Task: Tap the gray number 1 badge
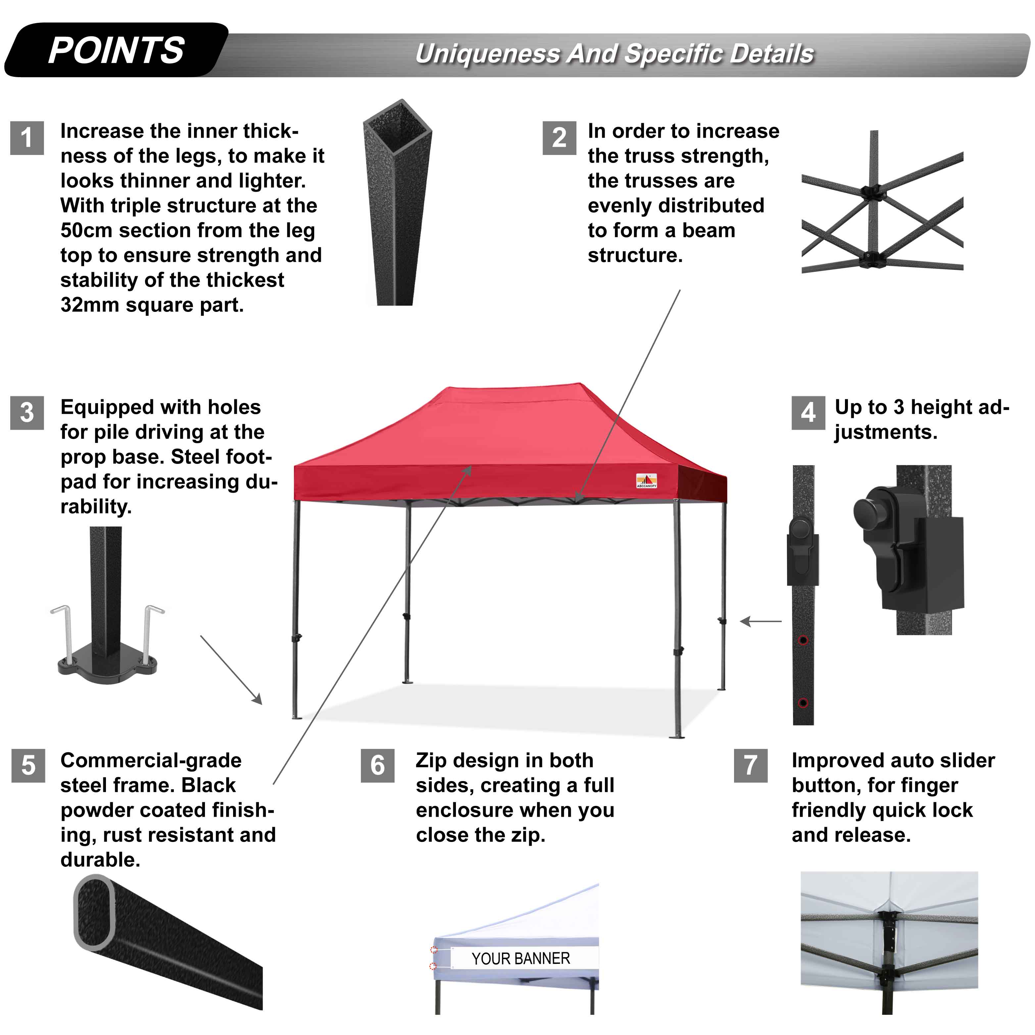coord(27,138)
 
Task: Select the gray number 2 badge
coord(559,138)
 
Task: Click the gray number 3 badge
coord(27,413)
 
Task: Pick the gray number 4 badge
coord(808,413)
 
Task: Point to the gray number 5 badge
coord(28,765)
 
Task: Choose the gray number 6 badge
coord(378,765)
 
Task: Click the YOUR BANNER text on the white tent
coord(521,959)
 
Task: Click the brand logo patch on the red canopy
coord(647,480)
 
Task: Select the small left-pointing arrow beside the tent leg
coord(761,621)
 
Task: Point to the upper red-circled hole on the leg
coord(803,640)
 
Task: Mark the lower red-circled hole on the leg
coord(803,703)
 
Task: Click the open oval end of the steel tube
coord(94,912)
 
